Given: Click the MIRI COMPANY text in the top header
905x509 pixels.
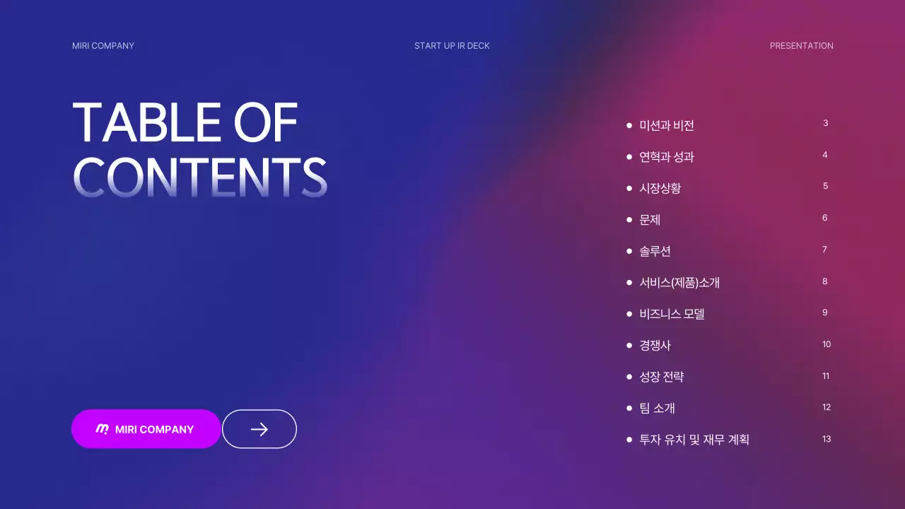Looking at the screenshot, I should tap(103, 46).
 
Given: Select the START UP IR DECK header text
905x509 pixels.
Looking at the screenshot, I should tap(452, 46).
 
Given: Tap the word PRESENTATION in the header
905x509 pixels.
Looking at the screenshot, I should tap(801, 46).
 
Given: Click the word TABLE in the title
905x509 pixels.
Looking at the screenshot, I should tap(146, 123).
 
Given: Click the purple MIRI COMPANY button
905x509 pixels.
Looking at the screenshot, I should tap(146, 429).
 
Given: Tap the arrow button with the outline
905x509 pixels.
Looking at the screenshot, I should tap(259, 429).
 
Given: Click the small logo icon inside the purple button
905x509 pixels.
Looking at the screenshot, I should tap(103, 429).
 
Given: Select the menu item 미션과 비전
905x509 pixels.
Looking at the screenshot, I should tap(667, 126).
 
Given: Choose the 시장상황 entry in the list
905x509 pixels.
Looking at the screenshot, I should tap(660, 189).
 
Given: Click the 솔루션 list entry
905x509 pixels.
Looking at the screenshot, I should tap(655, 252).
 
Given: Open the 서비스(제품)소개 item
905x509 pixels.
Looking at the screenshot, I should tap(679, 283).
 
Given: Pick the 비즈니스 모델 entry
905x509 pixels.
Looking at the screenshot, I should tap(672, 314).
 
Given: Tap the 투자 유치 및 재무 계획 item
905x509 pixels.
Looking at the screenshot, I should tap(694, 440).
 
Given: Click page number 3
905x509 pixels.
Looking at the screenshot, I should tap(825, 123).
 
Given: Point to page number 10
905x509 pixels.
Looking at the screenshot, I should tap(827, 344).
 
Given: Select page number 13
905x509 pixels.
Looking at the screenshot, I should tap(827, 439).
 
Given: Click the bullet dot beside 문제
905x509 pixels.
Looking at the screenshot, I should tap(629, 220).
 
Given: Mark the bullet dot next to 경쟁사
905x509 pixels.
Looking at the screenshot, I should tap(629, 346).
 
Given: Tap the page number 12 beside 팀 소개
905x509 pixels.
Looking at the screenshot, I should tap(827, 407).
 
